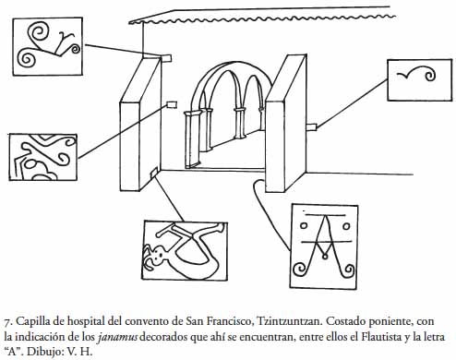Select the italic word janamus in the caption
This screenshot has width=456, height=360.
pyautogui.click(x=117, y=337)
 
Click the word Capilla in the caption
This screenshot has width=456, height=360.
pyautogui.click(x=32, y=321)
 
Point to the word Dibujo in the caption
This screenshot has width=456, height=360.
pyautogui.click(x=44, y=352)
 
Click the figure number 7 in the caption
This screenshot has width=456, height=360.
pyautogui.click(x=7, y=322)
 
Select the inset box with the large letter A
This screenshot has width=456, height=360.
pyautogui.click(x=324, y=246)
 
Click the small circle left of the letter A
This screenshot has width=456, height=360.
pyautogui.click(x=304, y=225)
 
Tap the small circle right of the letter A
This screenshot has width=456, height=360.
pyautogui.click(x=346, y=226)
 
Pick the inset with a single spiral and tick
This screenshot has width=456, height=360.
pyautogui.click(x=420, y=80)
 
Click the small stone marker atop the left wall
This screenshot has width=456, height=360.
pyautogui.click(x=166, y=58)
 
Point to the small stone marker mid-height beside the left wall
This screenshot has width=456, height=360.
pyautogui.click(x=172, y=105)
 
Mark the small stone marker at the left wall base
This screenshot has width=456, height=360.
pyautogui.click(x=154, y=172)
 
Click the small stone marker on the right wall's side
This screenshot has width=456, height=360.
pyautogui.click(x=311, y=126)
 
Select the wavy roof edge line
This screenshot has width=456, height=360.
pyautogui.click(x=262, y=19)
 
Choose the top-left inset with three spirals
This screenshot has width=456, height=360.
pyautogui.click(x=48, y=46)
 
